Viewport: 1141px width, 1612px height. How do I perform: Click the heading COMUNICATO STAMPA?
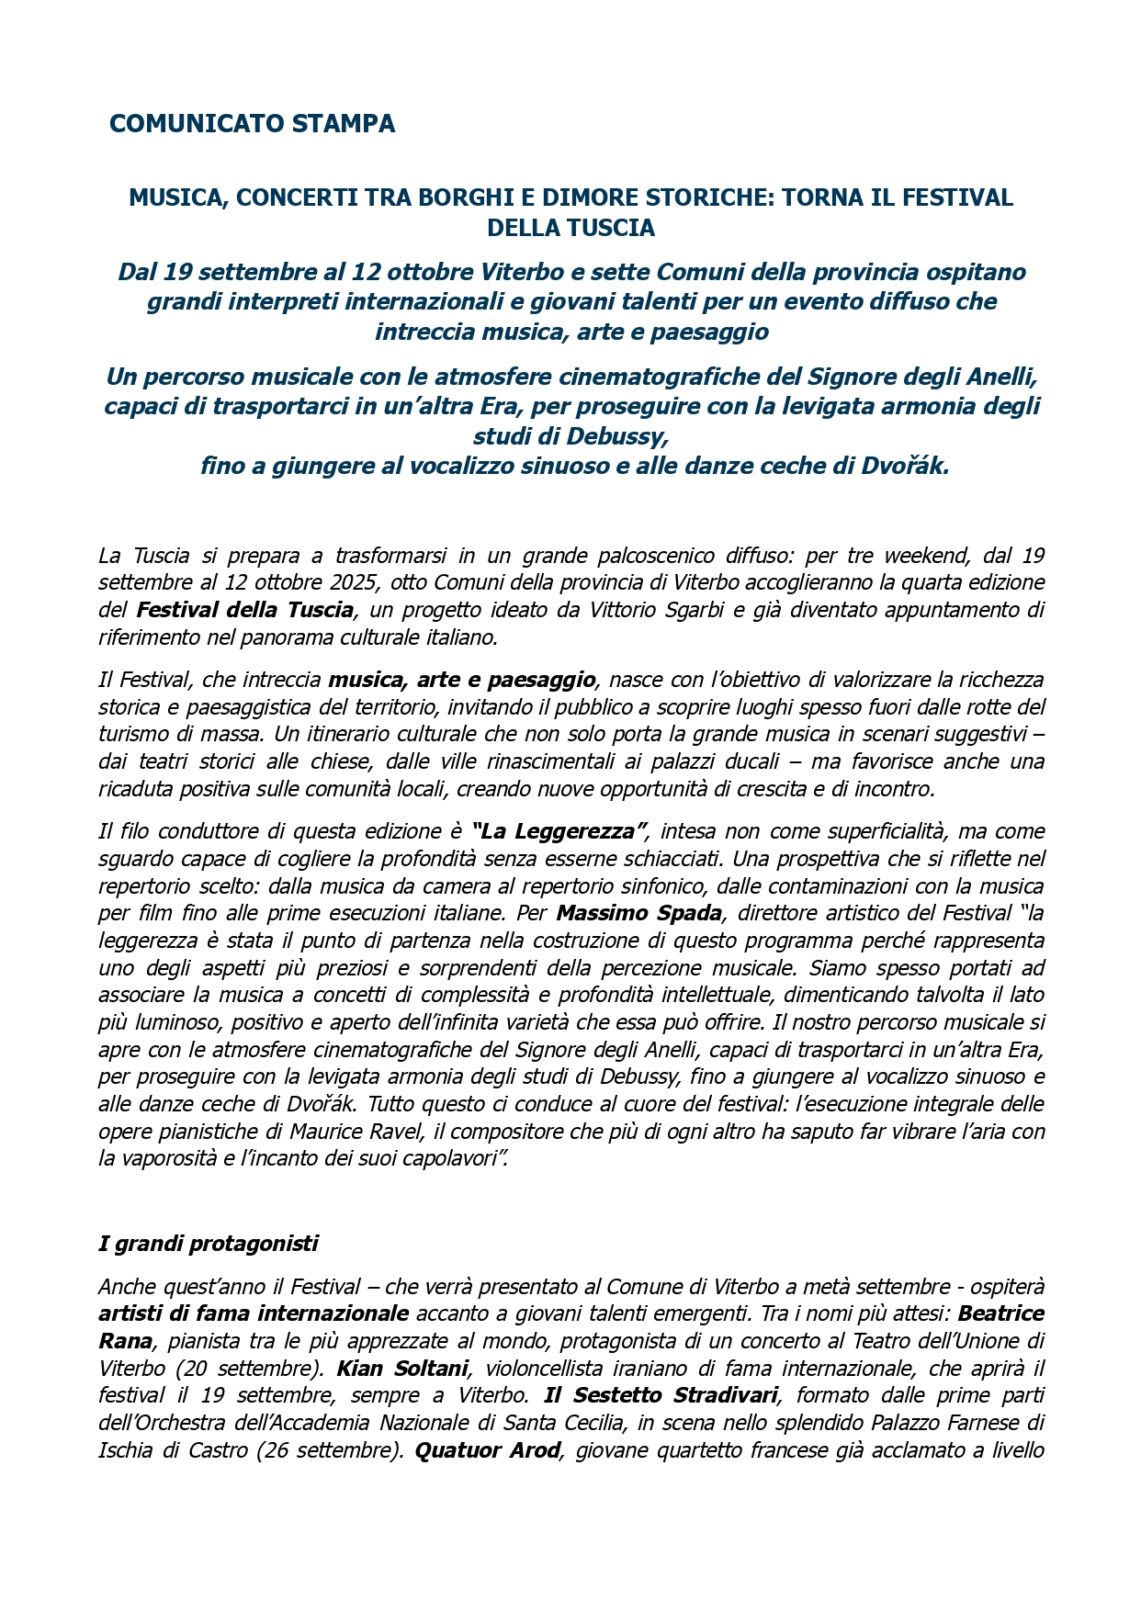252,124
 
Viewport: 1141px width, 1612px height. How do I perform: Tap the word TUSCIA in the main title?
610,228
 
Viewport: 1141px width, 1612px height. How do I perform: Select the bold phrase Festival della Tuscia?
245,610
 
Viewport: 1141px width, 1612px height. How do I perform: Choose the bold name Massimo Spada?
638,913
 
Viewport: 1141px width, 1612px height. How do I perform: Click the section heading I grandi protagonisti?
209,1244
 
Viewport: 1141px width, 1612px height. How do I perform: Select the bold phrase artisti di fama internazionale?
254,1313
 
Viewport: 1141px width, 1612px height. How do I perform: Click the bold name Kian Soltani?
402,1368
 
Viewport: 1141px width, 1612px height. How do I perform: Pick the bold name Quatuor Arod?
488,1450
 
